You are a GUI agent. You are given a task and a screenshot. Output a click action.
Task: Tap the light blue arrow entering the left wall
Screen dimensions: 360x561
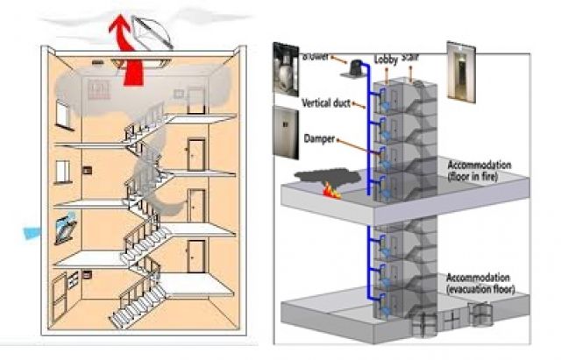(x=33, y=232)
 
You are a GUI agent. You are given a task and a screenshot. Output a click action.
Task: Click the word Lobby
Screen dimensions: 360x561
(x=386, y=60)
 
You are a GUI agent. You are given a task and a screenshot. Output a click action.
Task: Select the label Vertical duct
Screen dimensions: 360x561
(x=326, y=103)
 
